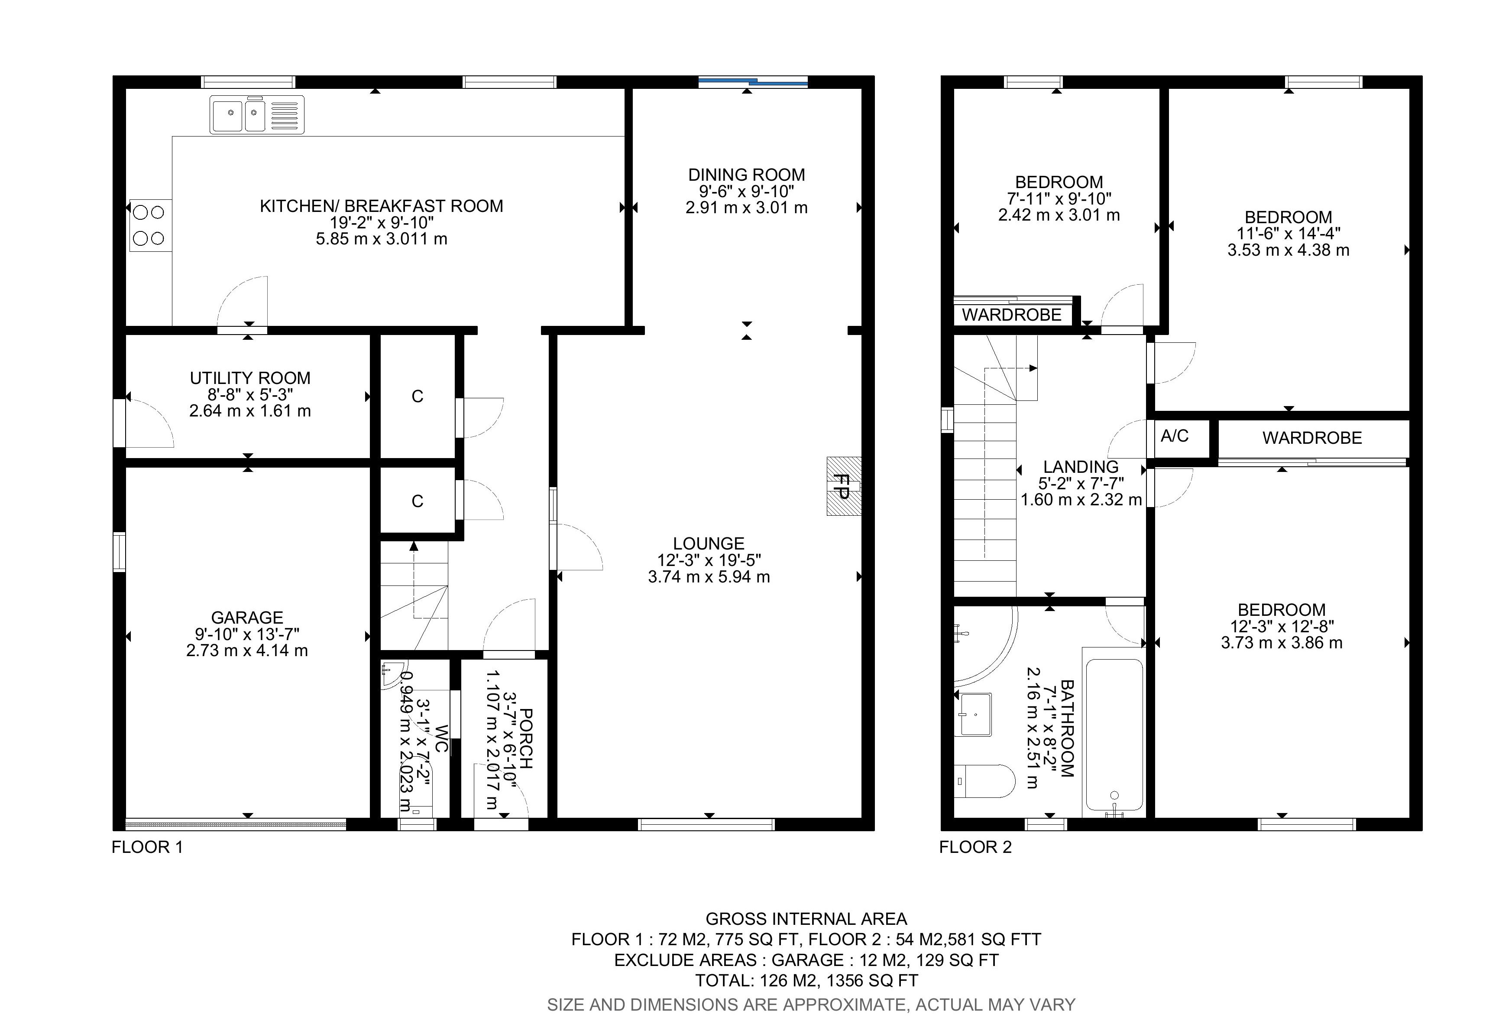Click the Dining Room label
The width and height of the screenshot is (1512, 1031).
pyautogui.click(x=746, y=175)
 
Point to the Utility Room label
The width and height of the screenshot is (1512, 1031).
pyautogui.click(x=250, y=378)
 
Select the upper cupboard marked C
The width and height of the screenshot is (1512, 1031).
pyautogui.click(x=417, y=397)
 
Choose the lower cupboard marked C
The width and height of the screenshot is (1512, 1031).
pyautogui.click(x=417, y=501)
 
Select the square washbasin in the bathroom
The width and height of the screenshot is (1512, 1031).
pyautogui.click(x=974, y=714)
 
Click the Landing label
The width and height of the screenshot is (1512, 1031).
pyautogui.click(x=1081, y=467)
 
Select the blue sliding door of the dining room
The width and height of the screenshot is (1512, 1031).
pyautogui.click(x=753, y=82)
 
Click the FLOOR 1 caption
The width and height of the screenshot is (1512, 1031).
pyautogui.click(x=147, y=847)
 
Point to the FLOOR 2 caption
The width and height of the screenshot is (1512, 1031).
pyautogui.click(x=975, y=847)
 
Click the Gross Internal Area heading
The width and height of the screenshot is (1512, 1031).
pyautogui.click(x=806, y=919)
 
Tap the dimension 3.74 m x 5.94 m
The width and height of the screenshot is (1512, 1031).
pyautogui.click(x=709, y=577)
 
